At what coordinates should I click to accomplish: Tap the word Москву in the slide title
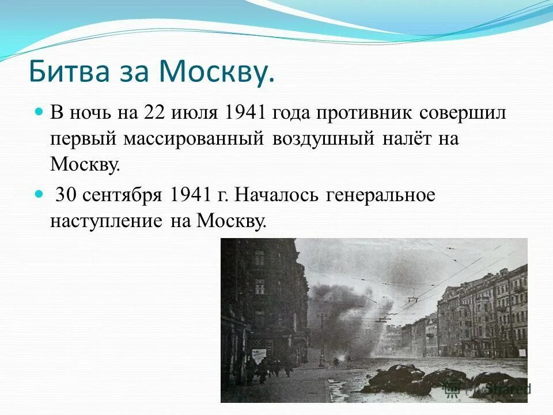215,71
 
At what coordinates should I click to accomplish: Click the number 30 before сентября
66,195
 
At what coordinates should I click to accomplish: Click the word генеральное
381,195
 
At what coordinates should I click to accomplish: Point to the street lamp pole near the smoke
321,340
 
